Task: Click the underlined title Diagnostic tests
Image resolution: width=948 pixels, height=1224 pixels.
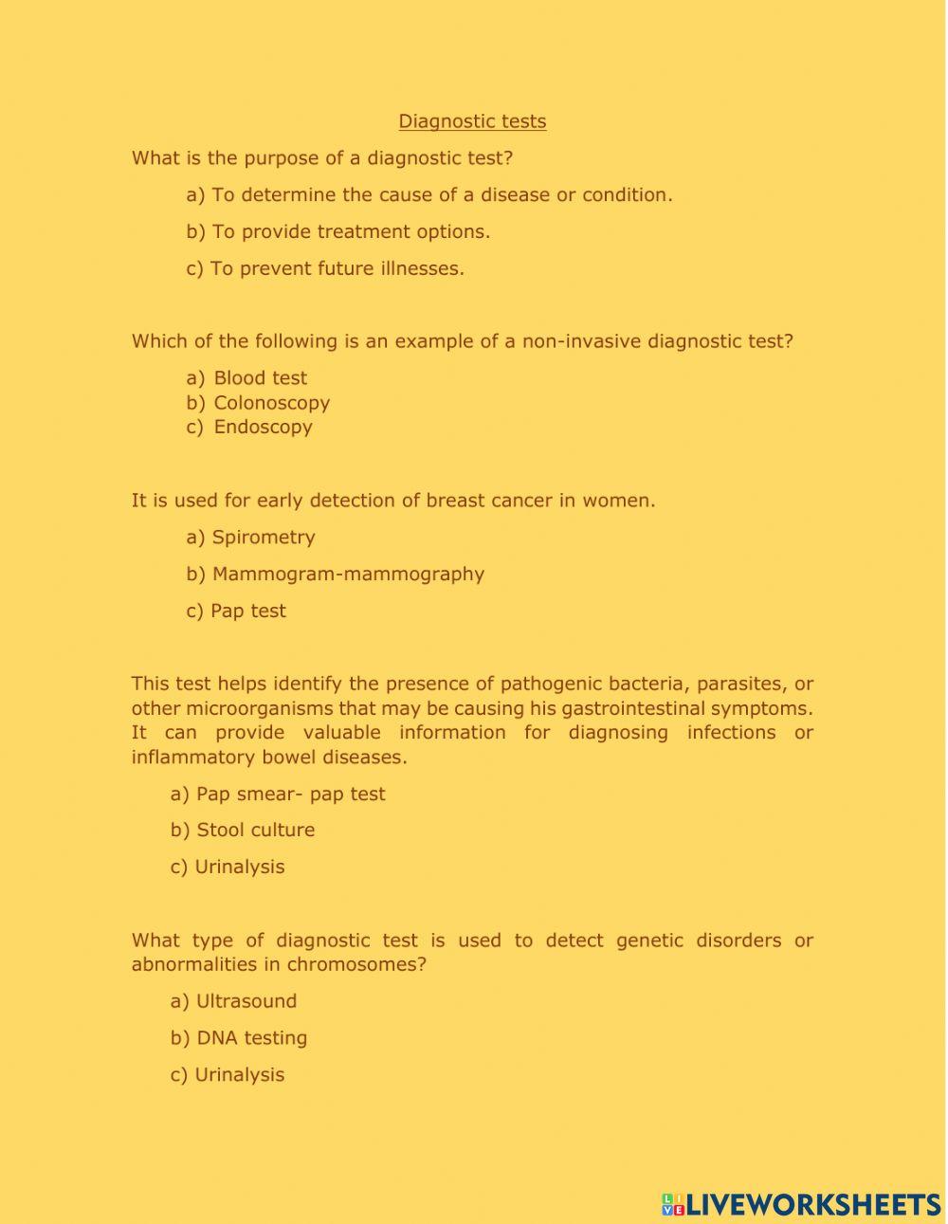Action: (472, 121)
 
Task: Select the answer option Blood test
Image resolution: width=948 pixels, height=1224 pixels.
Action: (260, 378)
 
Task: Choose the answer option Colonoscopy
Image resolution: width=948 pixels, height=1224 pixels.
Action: (271, 403)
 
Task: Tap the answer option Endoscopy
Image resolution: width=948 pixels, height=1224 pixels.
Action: (263, 427)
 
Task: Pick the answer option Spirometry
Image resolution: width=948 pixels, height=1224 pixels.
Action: (263, 538)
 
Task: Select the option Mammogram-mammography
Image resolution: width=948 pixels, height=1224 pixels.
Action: (348, 575)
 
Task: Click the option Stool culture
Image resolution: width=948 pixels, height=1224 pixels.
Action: (255, 831)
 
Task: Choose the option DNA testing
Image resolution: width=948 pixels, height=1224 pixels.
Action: (251, 1038)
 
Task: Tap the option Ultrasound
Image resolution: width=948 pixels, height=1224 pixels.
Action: (246, 1001)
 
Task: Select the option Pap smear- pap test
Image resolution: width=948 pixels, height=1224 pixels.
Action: (290, 795)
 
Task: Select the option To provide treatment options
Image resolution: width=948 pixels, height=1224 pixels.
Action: (351, 232)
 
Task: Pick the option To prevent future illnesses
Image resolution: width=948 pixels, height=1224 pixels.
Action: (337, 269)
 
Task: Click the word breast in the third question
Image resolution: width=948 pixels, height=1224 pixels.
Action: (453, 501)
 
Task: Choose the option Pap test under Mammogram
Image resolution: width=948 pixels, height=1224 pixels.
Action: (247, 612)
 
